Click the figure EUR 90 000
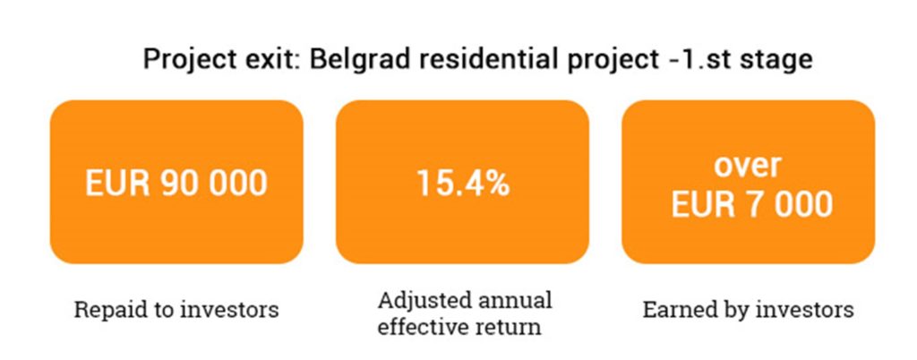[x=176, y=183]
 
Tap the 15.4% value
[x=463, y=183]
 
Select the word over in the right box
[x=748, y=166]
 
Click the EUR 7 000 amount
[x=751, y=204]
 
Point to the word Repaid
[x=107, y=310]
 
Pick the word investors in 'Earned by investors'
[x=804, y=309]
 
